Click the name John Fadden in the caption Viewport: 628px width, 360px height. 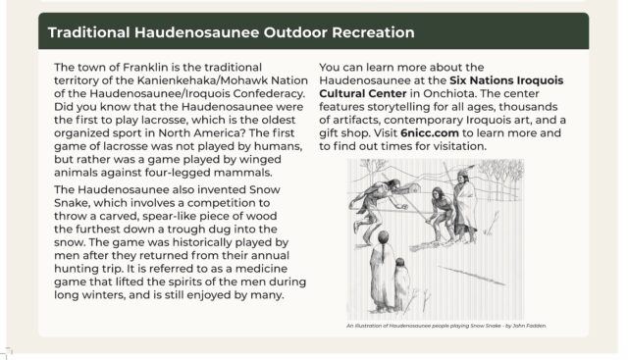click(525, 325)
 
